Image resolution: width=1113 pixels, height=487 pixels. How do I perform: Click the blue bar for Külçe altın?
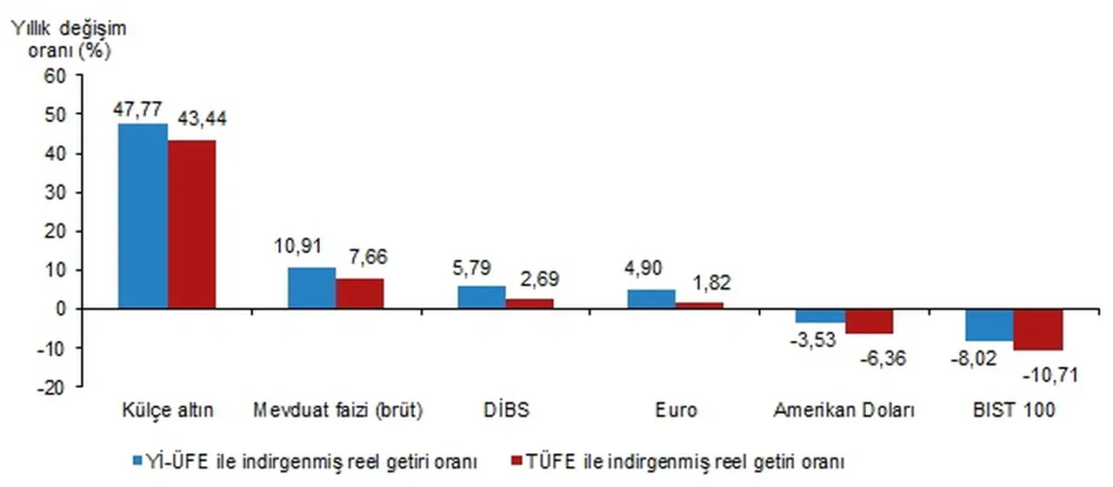[143, 216]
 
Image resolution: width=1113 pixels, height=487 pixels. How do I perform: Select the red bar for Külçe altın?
[191, 224]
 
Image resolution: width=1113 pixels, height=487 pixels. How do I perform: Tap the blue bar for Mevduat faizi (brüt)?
[311, 288]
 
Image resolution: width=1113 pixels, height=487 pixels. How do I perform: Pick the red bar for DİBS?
[530, 304]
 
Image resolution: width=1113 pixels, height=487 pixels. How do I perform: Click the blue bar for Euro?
[651, 299]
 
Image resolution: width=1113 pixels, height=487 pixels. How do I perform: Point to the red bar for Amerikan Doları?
[869, 321]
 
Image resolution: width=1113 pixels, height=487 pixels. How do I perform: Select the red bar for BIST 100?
[1038, 330]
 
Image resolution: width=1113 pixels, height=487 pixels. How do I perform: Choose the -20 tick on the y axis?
[52, 387]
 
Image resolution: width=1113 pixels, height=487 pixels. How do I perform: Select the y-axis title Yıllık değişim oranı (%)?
[68, 39]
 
